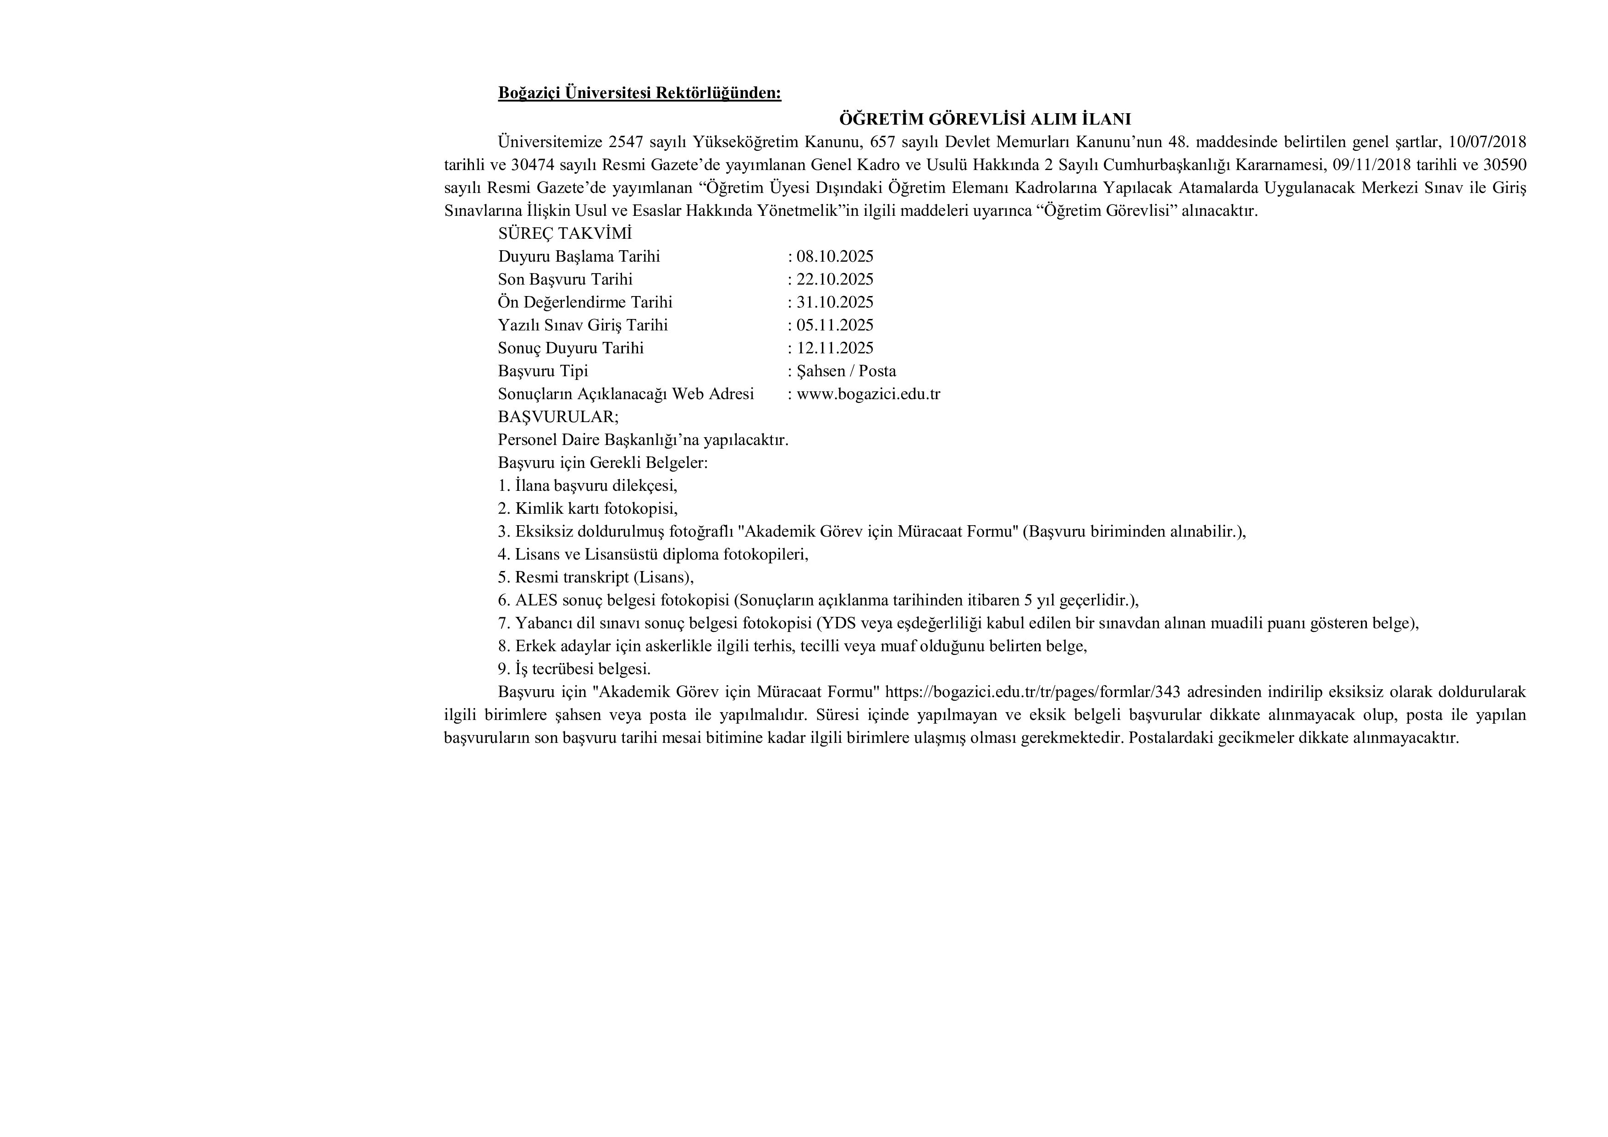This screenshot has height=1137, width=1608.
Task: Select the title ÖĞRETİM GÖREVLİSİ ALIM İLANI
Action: pos(985,119)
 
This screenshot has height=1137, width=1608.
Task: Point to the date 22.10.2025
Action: pos(834,280)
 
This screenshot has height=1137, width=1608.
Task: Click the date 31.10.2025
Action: pos(834,302)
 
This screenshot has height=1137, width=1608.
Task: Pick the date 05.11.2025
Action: pos(834,325)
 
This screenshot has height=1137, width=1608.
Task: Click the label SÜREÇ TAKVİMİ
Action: pos(564,234)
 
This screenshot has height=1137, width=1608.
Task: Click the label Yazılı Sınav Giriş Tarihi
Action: pos(583,325)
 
